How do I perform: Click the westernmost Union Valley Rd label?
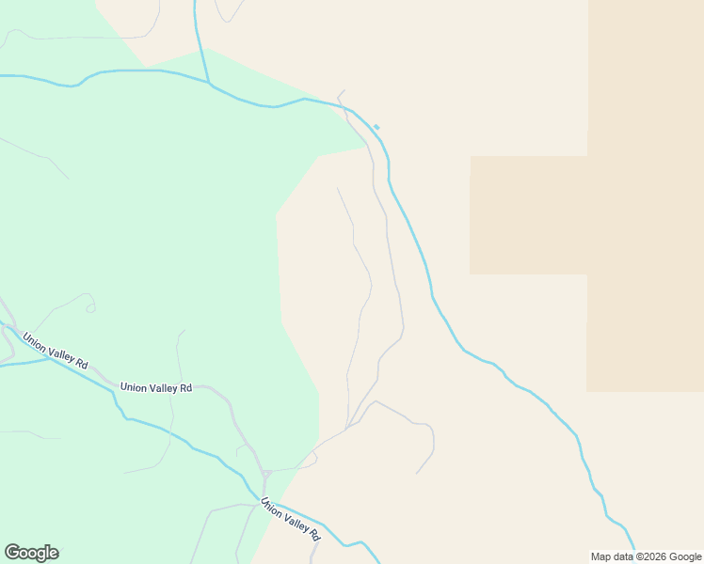[56, 350]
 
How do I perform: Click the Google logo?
[31, 553]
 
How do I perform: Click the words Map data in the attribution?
[613, 556]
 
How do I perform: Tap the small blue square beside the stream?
[376, 127]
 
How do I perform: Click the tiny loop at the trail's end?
[90, 306]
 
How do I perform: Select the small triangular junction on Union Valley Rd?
[266, 473]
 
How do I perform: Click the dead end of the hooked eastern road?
[417, 473]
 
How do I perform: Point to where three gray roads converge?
[348, 428]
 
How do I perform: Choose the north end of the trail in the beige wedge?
[337, 188]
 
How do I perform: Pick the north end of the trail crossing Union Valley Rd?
[184, 330]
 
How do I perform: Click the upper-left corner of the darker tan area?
[471, 157]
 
